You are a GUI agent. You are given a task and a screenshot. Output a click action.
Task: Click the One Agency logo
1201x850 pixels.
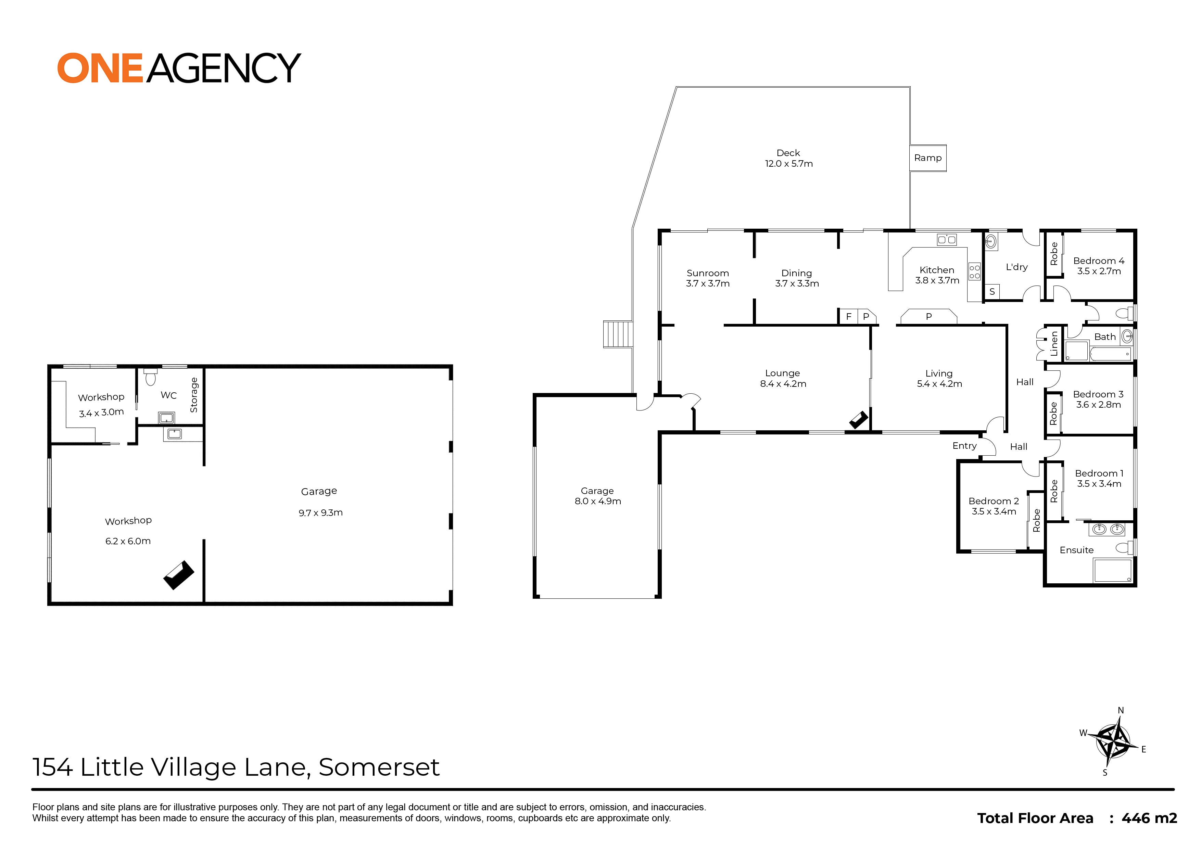point(179,68)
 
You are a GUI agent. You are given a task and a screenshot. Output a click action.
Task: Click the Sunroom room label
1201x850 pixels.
point(708,273)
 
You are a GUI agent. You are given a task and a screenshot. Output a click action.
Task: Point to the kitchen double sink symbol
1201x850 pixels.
point(947,240)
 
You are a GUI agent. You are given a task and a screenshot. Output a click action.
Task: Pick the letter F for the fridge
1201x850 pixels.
point(849,317)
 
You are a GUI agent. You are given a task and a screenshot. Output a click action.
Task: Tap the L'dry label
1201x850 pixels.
point(1017,267)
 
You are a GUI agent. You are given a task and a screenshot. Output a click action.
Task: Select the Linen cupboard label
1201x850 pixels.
point(1054,343)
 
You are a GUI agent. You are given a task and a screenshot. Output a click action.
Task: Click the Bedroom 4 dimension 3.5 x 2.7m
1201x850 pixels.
point(1099,271)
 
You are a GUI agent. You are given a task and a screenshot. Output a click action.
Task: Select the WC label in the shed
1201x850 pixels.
point(168,395)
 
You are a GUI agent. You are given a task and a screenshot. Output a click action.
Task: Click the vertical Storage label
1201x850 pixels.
point(194,395)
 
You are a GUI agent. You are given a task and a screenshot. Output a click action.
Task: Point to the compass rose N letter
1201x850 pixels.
point(1121,710)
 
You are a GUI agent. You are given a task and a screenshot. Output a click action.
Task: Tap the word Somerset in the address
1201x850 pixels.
point(379,767)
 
